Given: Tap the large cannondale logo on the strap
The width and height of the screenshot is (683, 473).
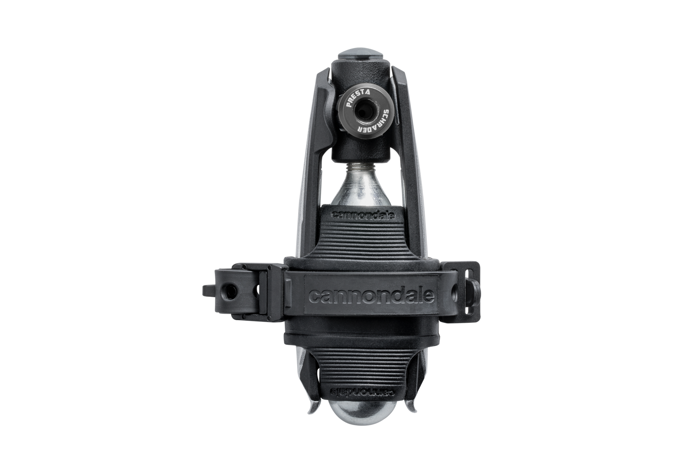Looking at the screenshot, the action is pyautogui.click(x=371, y=296).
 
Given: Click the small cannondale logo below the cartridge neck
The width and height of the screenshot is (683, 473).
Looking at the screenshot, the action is pyautogui.click(x=362, y=215).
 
